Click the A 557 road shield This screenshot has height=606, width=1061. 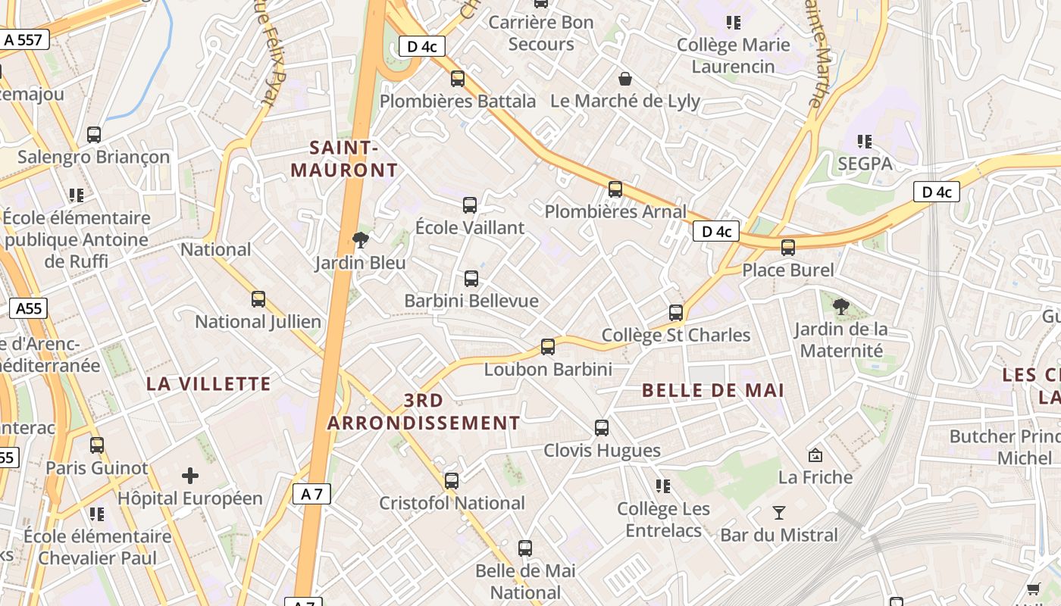pos(23,39)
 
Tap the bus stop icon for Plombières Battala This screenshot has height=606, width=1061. pos(457,78)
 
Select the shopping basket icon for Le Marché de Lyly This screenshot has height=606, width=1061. pos(625,78)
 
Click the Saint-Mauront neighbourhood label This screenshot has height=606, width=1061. pos(344,159)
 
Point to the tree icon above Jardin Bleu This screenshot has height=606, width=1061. pos(361,241)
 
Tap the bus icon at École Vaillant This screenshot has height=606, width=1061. pos(470,205)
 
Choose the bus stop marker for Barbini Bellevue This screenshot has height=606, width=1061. pos(471,278)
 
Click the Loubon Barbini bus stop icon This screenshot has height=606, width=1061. pos(548,347)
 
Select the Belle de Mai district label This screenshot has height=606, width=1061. pos(713,391)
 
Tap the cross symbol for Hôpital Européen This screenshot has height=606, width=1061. pos(190,476)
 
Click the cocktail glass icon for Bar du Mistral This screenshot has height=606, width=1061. pos(778,513)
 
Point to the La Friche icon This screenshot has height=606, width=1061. pos(815,455)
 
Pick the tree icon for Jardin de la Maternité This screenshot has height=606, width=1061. pos(840,307)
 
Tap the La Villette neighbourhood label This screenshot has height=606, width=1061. pos(208,384)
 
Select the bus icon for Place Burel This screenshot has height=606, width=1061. pos(788,247)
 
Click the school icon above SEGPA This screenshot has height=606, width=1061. pos(865,141)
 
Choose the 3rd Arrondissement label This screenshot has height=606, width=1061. pos(424,411)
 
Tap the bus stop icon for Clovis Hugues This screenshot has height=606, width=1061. pos(602,428)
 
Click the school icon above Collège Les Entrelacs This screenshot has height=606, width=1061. pos(663,486)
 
